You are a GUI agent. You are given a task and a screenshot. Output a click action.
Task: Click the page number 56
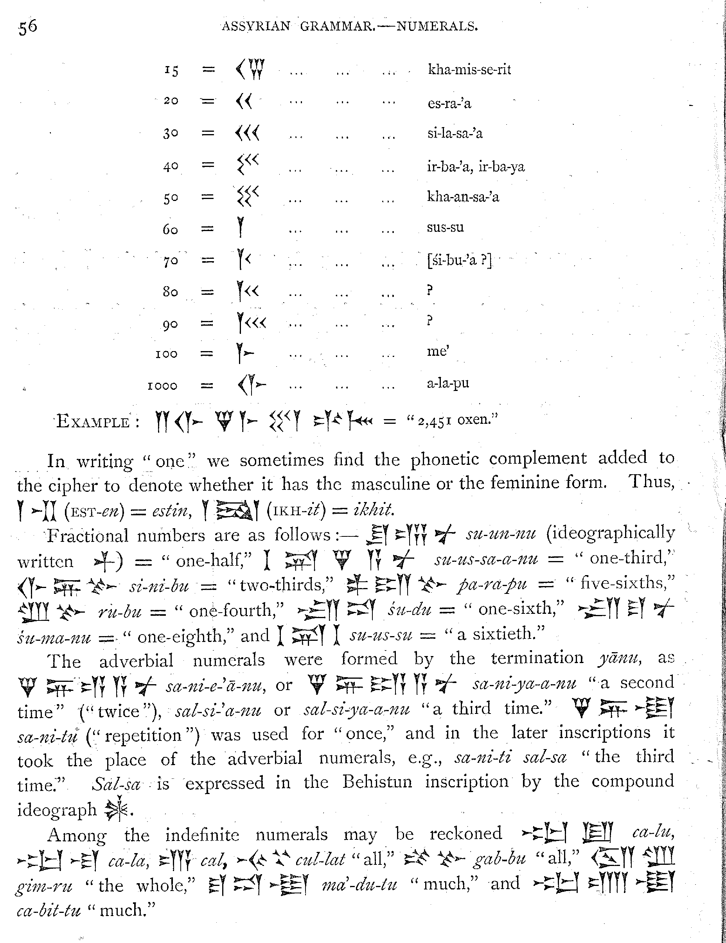(28, 27)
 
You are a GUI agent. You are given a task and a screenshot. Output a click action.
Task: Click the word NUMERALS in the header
(437, 27)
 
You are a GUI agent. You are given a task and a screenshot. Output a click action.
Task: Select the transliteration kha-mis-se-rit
(469, 70)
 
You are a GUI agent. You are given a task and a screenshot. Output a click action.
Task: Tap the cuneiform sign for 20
(244, 102)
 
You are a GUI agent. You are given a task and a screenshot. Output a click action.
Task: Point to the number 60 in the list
(170, 229)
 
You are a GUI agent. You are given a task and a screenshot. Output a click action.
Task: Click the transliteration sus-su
(445, 227)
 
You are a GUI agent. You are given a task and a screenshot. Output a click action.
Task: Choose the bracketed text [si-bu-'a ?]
(459, 260)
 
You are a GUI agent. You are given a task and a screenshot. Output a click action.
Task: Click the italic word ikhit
(373, 510)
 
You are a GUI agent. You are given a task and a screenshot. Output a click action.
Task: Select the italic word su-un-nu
(500, 534)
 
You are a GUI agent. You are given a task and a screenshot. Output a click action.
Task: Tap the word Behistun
(377, 782)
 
